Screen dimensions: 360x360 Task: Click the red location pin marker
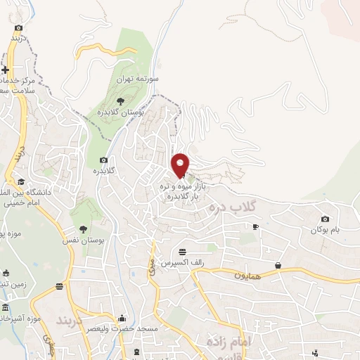pyautogui.click(x=181, y=165)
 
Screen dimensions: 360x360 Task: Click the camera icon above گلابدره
pyautogui.click(x=103, y=160)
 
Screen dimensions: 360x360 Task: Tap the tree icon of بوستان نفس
pyautogui.click(x=83, y=230)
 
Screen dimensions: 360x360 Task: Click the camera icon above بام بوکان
pyautogui.click(x=324, y=219)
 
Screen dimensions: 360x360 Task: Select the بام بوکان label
pyautogui.click(x=326, y=230)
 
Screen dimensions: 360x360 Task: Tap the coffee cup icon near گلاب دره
pyautogui.click(x=255, y=226)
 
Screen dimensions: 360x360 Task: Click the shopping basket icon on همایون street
pyautogui.click(x=279, y=265)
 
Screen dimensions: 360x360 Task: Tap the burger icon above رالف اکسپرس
pyautogui.click(x=183, y=252)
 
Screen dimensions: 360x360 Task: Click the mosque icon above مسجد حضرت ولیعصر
pyautogui.click(x=122, y=318)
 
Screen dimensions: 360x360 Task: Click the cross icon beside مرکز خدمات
pyautogui.click(x=6, y=70)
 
